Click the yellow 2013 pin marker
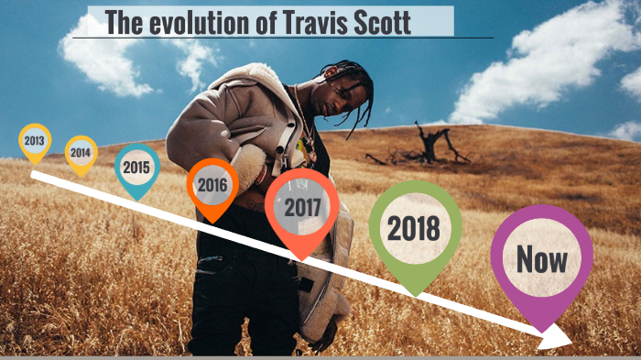coord(35,142)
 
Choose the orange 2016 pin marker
coord(212,186)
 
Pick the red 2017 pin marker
coord(302,207)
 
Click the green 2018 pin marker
coord(414,229)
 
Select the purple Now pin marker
coord(541,260)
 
